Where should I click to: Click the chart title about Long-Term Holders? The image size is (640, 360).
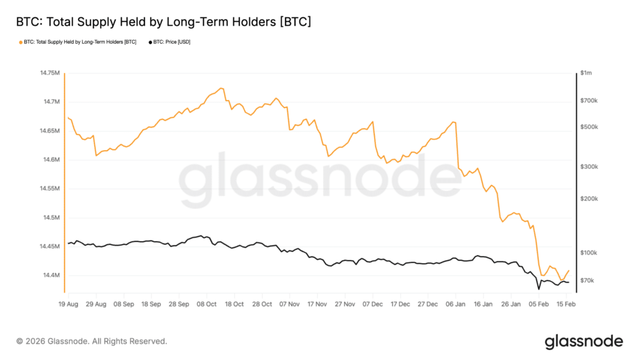click(163, 22)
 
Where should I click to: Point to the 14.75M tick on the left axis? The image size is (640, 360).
click(49, 74)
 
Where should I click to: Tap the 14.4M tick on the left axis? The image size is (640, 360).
click(51, 276)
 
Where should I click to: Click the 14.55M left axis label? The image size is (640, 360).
click(49, 189)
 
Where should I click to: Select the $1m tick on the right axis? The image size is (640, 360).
click(586, 74)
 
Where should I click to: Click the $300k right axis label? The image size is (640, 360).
click(589, 167)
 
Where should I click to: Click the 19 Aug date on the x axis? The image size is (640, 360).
click(67, 304)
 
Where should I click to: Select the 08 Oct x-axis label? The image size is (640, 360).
click(207, 304)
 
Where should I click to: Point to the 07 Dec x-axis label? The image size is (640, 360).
click(373, 304)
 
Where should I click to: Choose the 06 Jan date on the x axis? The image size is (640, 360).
click(457, 304)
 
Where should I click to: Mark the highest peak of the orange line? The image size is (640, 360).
click(222, 88)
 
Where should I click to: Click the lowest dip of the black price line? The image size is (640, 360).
click(539, 289)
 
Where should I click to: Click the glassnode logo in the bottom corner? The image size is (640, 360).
click(584, 341)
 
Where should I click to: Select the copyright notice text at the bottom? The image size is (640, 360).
click(92, 341)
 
